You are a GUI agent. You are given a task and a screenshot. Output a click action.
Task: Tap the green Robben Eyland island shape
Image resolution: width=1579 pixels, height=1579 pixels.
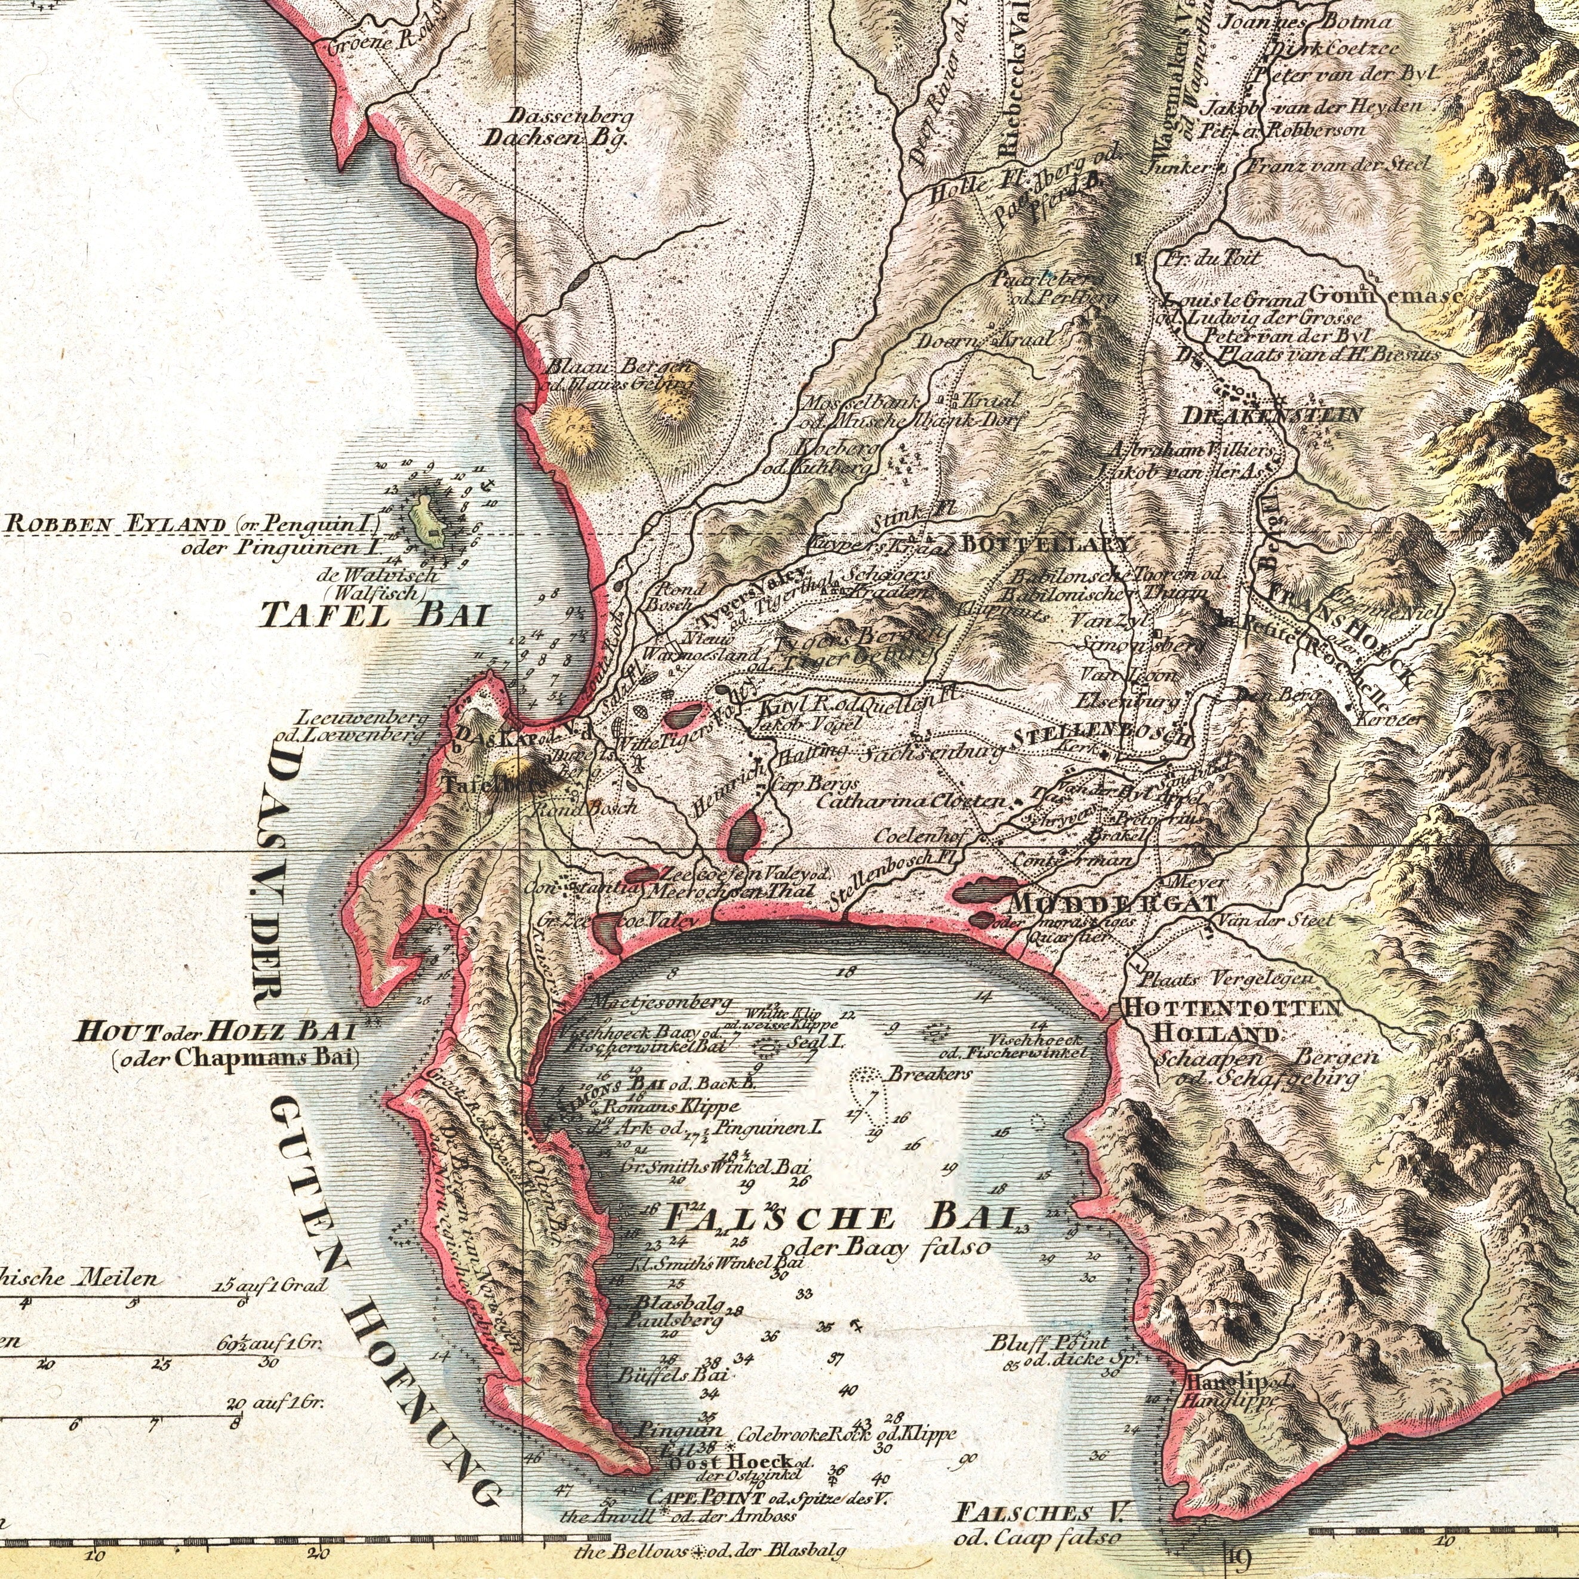pos(427,518)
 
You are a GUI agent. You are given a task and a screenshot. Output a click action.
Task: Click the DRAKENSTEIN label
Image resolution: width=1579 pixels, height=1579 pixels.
pos(1271,415)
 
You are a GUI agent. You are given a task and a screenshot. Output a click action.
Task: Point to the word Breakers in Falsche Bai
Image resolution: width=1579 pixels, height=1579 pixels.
pos(929,1073)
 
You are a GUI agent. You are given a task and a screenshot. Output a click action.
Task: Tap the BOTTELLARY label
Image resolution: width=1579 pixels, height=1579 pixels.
pos(1047,543)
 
